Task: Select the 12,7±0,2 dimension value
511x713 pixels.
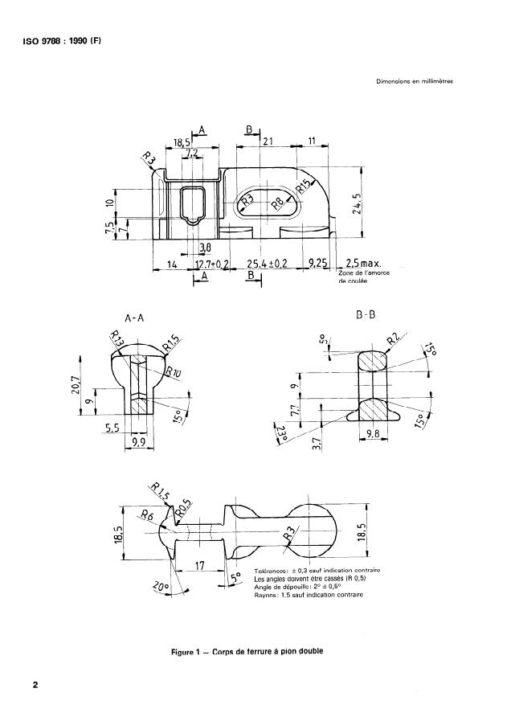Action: (212, 263)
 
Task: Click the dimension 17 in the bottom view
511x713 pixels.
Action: (200, 565)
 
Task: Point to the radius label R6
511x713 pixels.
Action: (147, 516)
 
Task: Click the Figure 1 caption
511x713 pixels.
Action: (248, 651)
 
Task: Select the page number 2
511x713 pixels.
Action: (35, 686)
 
